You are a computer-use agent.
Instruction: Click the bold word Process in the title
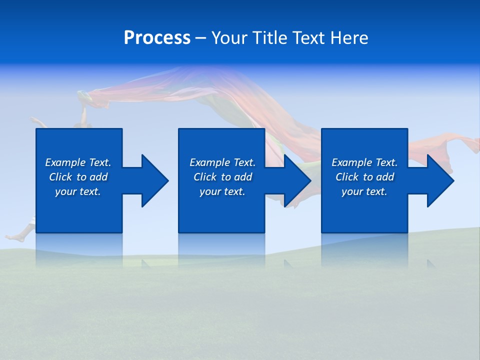click(x=157, y=38)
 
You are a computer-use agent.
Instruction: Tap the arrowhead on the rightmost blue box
click(x=439, y=180)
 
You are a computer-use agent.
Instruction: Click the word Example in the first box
click(x=65, y=162)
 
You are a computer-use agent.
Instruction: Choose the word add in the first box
click(x=98, y=177)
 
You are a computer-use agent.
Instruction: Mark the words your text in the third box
click(x=364, y=191)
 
